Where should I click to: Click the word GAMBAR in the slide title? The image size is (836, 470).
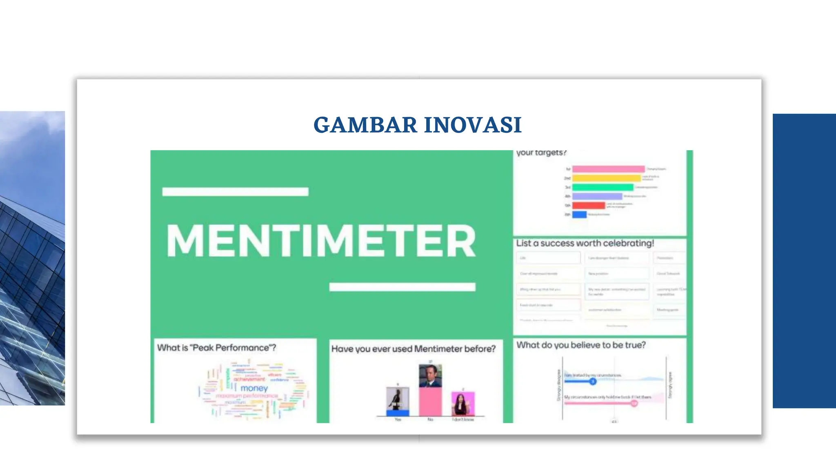pyautogui.click(x=365, y=125)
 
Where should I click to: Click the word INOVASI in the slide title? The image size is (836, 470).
pyautogui.click(x=473, y=125)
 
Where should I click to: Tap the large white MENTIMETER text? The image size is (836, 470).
pyautogui.click(x=321, y=241)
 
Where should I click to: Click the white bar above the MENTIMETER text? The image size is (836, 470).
pyautogui.click(x=235, y=192)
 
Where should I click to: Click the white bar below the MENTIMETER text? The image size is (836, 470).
pyautogui.click(x=402, y=287)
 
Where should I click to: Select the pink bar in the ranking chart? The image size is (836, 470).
pyautogui.click(x=608, y=169)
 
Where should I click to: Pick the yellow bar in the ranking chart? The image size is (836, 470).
pyautogui.click(x=606, y=178)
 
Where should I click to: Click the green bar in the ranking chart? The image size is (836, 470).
pyautogui.click(x=603, y=187)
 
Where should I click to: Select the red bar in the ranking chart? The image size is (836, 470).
pyautogui.click(x=588, y=205)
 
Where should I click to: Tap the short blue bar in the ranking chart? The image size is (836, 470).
pyautogui.click(x=579, y=214)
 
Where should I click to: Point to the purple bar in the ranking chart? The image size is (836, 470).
pyautogui.click(x=597, y=196)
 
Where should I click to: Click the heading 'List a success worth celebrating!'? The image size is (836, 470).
pyautogui.click(x=585, y=243)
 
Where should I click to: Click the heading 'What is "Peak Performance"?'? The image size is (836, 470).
pyautogui.click(x=216, y=348)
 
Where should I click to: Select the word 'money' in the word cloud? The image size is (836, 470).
pyautogui.click(x=254, y=388)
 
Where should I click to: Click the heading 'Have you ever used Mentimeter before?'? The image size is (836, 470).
pyautogui.click(x=413, y=349)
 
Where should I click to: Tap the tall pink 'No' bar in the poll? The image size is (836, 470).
pyautogui.click(x=430, y=401)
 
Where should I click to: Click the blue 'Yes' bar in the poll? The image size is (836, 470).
pyautogui.click(x=398, y=413)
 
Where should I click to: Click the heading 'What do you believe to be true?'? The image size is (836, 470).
pyautogui.click(x=581, y=345)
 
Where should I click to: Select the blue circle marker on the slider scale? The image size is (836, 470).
pyautogui.click(x=593, y=381)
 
